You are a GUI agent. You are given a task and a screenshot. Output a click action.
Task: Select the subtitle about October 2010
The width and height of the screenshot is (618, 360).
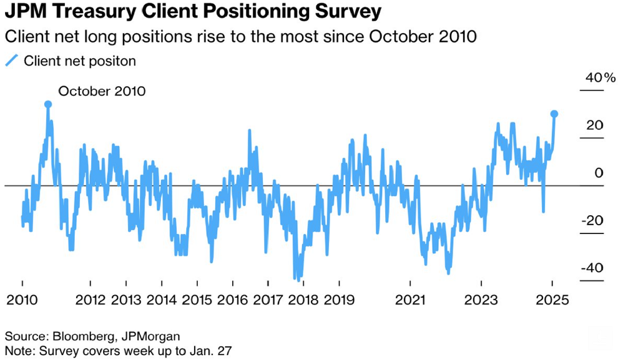point(241,36)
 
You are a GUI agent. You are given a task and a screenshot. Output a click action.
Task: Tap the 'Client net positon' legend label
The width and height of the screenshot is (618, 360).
point(79,61)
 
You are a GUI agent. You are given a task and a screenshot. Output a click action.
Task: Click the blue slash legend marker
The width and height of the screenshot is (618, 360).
point(11,61)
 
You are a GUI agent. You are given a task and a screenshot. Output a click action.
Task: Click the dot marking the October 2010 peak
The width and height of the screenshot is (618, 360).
point(48,104)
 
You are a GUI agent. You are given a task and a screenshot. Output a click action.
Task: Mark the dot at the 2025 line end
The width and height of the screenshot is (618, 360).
point(554,114)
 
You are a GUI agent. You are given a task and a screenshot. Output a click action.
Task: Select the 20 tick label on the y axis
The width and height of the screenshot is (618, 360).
point(595,125)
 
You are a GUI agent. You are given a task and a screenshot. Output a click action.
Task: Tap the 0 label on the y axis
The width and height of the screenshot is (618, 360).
point(599,173)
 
